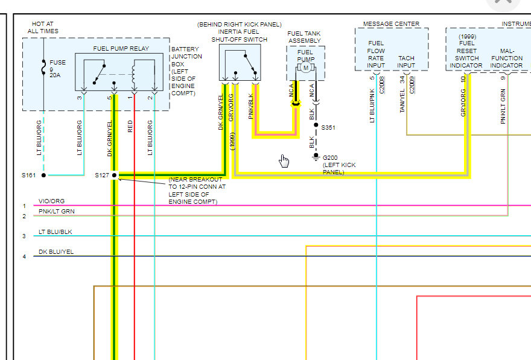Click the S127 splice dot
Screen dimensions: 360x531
(x=114, y=175)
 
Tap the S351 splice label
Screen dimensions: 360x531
(x=329, y=128)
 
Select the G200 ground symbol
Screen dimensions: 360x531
(x=316, y=157)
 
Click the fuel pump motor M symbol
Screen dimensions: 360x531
(x=305, y=68)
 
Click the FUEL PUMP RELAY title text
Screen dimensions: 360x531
(x=121, y=48)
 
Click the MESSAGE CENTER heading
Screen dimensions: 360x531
(x=390, y=24)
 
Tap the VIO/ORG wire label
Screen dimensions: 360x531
(x=51, y=201)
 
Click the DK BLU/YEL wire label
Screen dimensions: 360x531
(x=56, y=252)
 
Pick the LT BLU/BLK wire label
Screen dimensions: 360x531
(x=55, y=232)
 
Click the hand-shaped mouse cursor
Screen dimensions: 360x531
(x=284, y=160)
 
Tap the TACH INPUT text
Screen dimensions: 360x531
(x=406, y=62)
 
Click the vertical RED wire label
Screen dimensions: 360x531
(x=130, y=126)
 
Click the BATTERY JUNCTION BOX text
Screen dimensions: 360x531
(x=184, y=71)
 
